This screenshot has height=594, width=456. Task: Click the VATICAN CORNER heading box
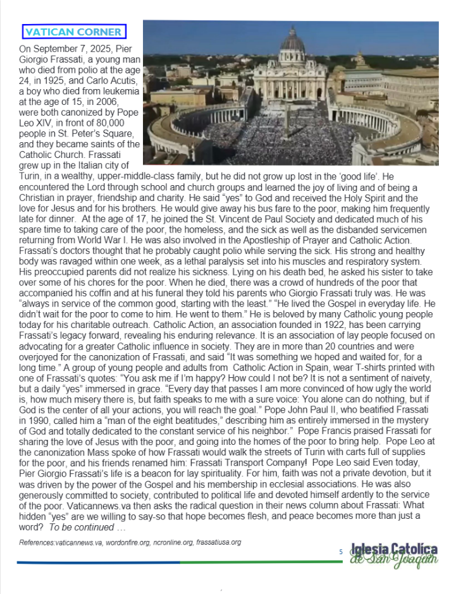75,32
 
